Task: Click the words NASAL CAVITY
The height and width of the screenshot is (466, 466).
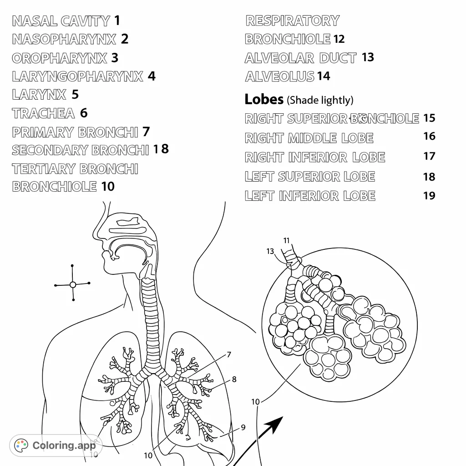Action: tap(61, 21)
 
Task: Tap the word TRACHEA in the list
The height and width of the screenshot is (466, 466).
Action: tap(43, 113)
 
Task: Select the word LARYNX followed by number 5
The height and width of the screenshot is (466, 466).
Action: tap(39, 95)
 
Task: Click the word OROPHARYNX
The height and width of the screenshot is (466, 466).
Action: tap(59, 58)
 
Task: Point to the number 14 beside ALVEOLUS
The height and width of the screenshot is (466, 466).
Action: tap(324, 76)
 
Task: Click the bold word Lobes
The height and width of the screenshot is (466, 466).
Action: tap(264, 99)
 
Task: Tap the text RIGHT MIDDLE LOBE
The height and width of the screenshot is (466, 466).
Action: tap(309, 138)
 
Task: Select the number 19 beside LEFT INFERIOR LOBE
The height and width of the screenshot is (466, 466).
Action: tap(429, 196)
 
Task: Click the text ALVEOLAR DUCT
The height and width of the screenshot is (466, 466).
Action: tap(300, 58)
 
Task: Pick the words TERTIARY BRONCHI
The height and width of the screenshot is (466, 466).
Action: tap(75, 169)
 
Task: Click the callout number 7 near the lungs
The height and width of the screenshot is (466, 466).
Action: tap(229, 355)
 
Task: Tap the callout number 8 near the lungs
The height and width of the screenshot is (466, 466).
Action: tap(234, 379)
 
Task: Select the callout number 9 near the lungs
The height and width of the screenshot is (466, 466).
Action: tap(243, 427)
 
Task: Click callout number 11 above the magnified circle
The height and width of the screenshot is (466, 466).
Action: tap(286, 240)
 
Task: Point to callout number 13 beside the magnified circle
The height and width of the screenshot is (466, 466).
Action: tap(270, 251)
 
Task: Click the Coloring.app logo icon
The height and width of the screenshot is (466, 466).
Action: tap(21, 446)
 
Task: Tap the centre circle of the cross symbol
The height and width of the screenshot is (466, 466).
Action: tap(73, 284)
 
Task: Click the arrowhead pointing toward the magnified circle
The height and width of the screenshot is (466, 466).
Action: tap(275, 424)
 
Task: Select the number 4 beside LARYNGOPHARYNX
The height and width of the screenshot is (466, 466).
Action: tap(152, 76)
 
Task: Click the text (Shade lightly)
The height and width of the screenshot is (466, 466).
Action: tap(321, 100)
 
